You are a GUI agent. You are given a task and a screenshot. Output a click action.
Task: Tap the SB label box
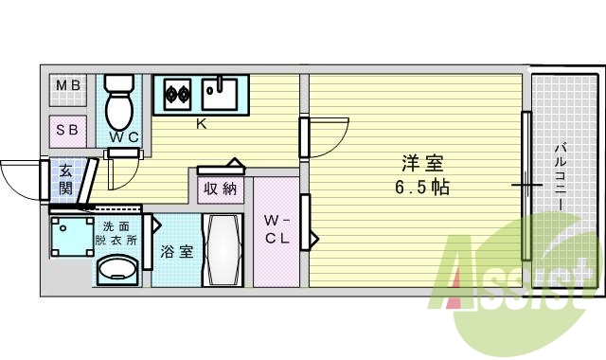67,130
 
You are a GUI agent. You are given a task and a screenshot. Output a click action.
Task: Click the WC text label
123,138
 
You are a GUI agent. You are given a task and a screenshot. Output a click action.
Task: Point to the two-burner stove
177,94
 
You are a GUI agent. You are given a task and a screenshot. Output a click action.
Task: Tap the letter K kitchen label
201,124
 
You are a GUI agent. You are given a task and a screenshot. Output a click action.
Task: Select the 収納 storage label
220,189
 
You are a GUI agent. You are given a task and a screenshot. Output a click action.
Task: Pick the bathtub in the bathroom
224,251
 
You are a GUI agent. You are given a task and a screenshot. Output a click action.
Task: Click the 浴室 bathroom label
176,252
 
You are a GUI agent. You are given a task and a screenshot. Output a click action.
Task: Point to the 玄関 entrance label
66,179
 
